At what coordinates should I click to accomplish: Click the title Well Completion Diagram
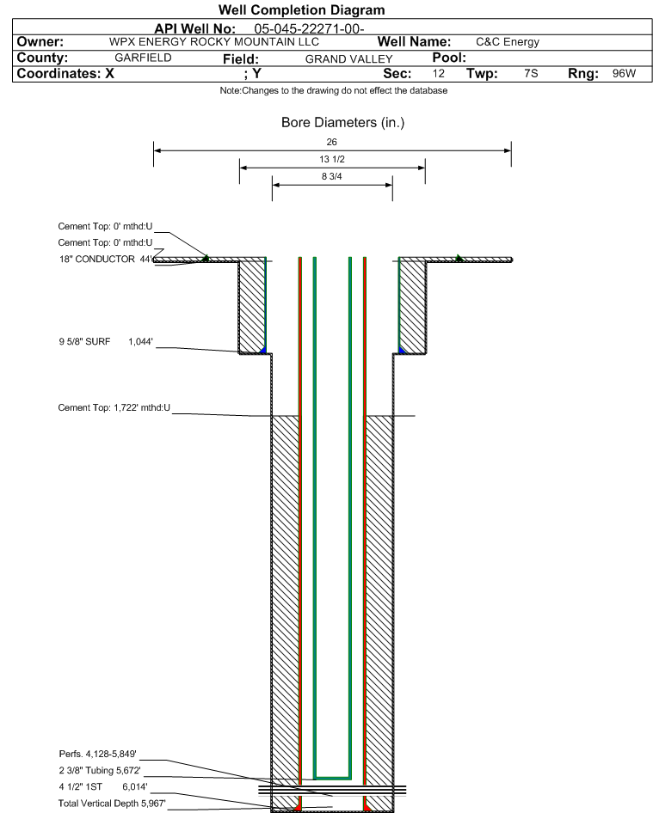coord(302,9)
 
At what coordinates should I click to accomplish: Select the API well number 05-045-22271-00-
coord(309,29)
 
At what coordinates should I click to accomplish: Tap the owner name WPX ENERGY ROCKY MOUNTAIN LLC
coord(214,42)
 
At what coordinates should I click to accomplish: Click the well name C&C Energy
coord(508,42)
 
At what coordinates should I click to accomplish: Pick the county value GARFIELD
coord(143,58)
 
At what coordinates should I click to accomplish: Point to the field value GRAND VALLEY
coord(348,59)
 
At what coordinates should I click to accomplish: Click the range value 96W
coord(624,73)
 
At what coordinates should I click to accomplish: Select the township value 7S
coord(531,73)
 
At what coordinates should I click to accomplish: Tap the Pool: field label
coord(449,58)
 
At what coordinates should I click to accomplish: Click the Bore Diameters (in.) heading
coord(342,122)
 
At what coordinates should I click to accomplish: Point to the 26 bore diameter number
coord(332,142)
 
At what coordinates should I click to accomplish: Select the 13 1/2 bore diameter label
coord(332,159)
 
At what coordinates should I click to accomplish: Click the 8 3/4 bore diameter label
coord(332,176)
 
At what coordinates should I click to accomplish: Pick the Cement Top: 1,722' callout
coord(114,407)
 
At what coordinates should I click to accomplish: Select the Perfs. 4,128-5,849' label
coord(97,754)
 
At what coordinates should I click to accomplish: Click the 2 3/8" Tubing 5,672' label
coord(100,771)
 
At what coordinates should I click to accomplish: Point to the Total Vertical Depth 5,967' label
coord(112,804)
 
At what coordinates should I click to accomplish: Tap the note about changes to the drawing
coord(333,91)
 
